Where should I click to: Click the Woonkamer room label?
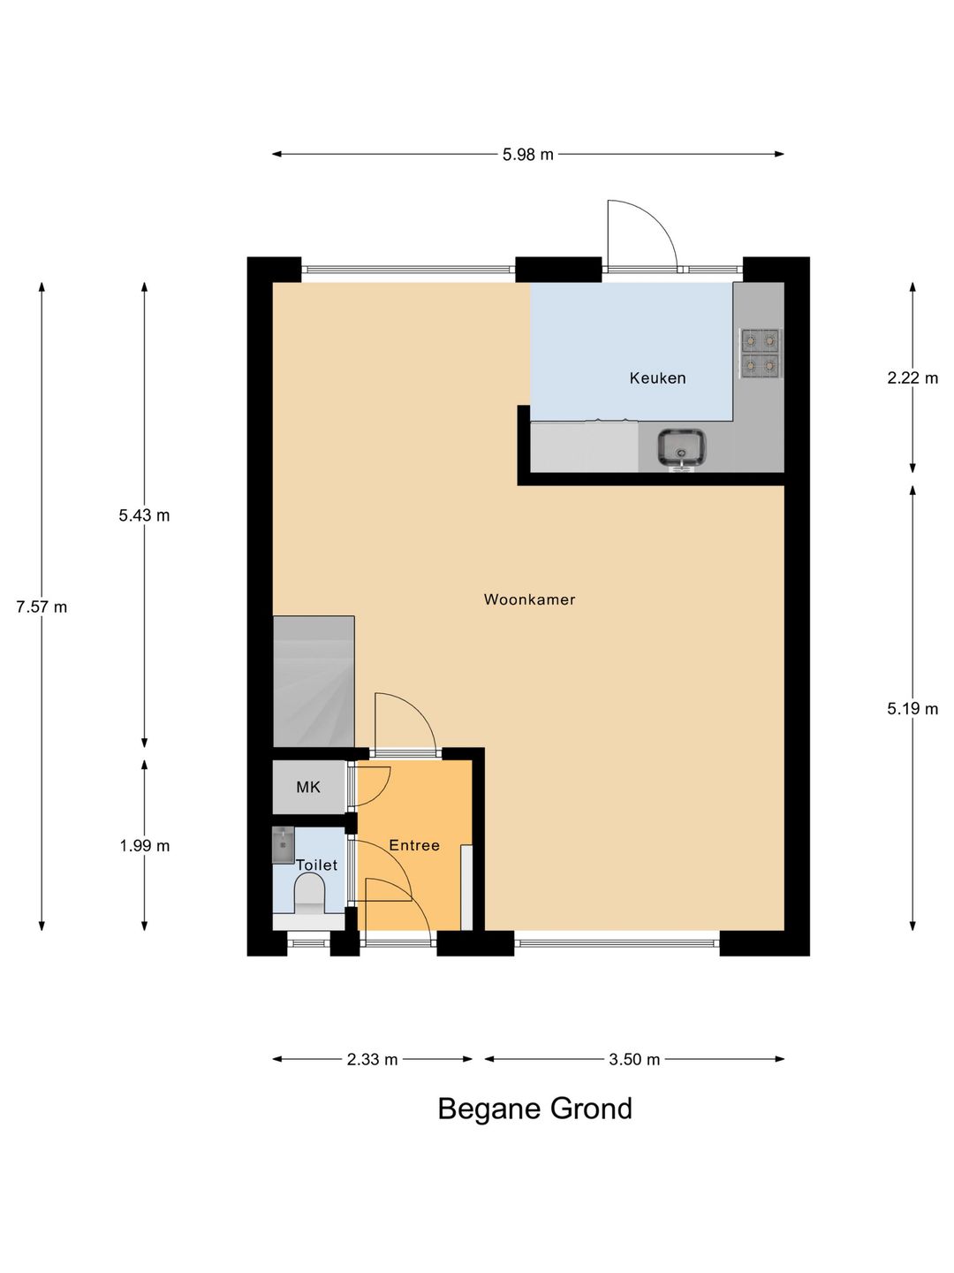529,599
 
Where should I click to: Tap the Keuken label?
657,378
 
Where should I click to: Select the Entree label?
414,845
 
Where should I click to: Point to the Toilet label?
317,865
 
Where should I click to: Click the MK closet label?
308,787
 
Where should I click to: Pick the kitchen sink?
682,447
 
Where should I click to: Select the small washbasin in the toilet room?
284,845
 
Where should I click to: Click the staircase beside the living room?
314,682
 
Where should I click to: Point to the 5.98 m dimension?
527,155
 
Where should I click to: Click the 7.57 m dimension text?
42,607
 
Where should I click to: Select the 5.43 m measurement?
144,515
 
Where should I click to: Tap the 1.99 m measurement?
144,846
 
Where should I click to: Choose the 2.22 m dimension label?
912,378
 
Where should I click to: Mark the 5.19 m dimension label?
912,708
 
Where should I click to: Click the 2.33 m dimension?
373,1060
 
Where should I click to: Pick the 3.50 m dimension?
634,1060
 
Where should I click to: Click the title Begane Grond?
534,1109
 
